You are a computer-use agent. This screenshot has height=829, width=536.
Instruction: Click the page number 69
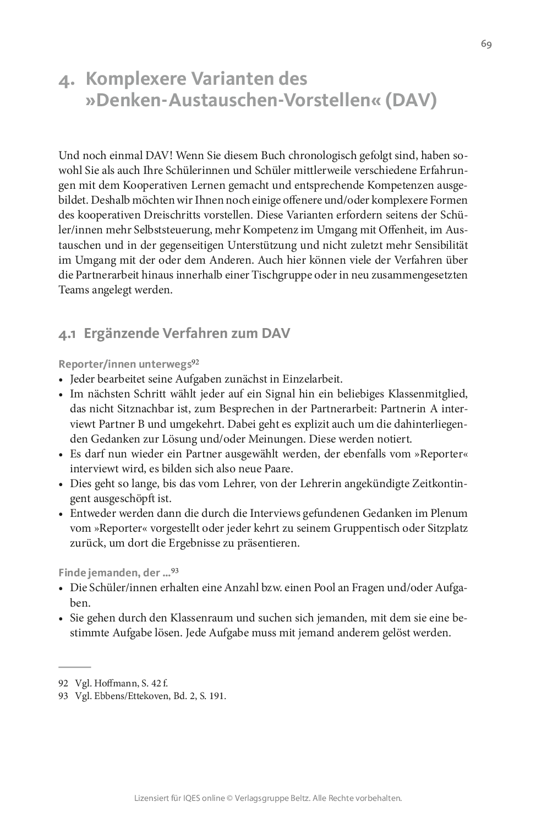[x=486, y=45]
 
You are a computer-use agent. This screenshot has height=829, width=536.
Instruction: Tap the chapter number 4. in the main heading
[x=67, y=80]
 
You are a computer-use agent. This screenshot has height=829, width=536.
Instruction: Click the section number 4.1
[x=67, y=334]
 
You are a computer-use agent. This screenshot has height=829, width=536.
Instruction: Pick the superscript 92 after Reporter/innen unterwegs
[x=195, y=362]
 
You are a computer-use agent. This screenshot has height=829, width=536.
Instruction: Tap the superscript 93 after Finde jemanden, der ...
[x=176, y=571]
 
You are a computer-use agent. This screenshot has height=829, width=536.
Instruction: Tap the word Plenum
[x=449, y=513]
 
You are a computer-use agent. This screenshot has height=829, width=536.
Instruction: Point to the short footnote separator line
[x=74, y=666]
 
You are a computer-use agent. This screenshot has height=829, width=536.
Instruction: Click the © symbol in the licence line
[x=229, y=798]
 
